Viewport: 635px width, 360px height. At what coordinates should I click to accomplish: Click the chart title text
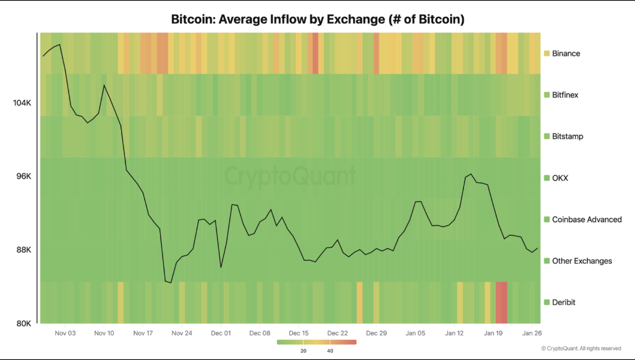tap(317, 19)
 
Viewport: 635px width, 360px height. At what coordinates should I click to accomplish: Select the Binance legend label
tap(566, 53)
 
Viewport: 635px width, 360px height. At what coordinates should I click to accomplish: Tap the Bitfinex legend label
tap(565, 95)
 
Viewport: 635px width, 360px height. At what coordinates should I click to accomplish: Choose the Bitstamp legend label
tap(567, 136)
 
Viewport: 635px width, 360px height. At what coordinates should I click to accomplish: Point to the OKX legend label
tap(560, 178)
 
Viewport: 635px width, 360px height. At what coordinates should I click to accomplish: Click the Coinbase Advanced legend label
tap(587, 220)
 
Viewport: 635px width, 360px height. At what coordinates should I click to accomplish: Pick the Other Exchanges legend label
tap(582, 261)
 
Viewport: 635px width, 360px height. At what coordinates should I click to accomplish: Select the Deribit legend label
tap(564, 302)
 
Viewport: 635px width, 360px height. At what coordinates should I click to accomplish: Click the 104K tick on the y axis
tap(22, 103)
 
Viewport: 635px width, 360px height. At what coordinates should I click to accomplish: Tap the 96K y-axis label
tap(24, 176)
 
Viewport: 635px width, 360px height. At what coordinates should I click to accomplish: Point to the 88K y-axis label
tap(24, 250)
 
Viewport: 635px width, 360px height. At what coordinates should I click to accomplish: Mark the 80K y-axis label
tap(24, 323)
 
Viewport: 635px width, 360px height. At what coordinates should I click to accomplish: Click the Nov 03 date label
tap(65, 333)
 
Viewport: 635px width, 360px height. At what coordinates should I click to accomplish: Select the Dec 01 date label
tap(221, 333)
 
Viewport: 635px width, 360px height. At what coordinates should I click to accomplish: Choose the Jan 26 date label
tap(532, 333)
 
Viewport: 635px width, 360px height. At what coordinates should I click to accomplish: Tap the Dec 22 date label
tap(337, 333)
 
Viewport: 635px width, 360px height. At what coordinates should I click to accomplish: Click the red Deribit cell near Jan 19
tap(501, 302)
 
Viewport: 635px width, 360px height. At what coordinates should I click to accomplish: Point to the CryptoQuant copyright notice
tap(581, 348)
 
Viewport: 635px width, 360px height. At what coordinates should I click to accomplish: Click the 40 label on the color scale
tap(330, 351)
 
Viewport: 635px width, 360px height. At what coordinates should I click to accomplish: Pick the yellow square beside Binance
tap(547, 53)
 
